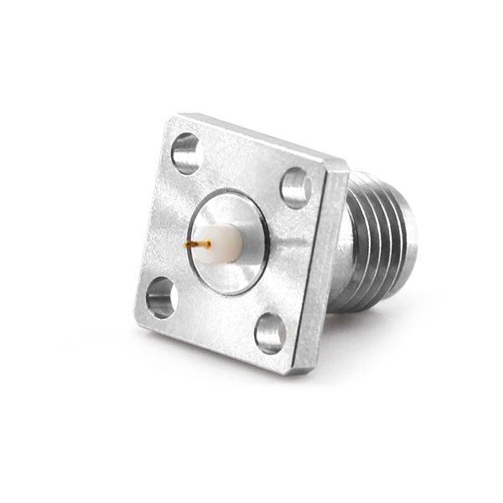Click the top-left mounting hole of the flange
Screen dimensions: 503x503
tap(185, 153)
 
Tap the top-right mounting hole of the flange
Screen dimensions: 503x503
tap(295, 188)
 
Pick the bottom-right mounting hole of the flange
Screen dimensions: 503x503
tap(270, 333)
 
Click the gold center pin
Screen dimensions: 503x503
tap(199, 244)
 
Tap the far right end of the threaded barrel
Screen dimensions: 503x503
tap(413, 243)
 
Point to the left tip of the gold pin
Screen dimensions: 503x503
tap(185, 245)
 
